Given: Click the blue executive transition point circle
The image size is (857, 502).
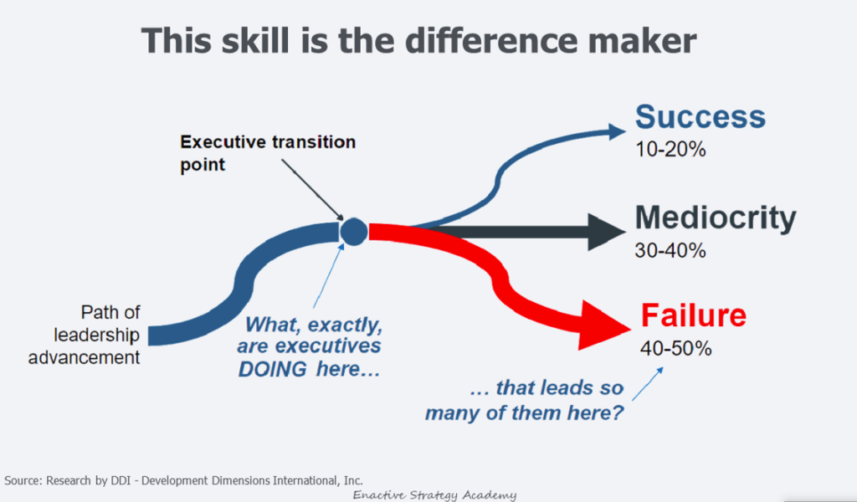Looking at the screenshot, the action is coord(354,231).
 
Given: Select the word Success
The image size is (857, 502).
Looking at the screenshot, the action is coord(700,117).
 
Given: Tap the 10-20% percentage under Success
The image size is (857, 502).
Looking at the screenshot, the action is coord(670,149).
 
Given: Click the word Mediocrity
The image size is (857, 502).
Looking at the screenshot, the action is coord(716,219).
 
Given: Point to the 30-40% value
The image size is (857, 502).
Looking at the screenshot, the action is coord(670,250).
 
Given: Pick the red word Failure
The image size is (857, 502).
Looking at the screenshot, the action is coord(694,315).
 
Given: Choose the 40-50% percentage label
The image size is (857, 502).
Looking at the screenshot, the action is coord(676,348).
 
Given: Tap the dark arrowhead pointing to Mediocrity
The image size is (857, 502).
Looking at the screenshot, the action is coord(606,232).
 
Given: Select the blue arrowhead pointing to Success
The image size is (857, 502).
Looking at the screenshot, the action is coord(617,131).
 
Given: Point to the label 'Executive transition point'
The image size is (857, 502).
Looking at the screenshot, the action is coord(268,153).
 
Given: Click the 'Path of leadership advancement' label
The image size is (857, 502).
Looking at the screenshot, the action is coord(85,335).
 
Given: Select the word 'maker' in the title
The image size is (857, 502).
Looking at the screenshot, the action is coord(637,41).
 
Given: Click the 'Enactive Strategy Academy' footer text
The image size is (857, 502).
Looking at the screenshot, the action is coord(434,495).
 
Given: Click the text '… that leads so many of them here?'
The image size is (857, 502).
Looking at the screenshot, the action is coord(525,401).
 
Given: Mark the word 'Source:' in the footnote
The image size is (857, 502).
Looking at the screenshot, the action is coord(23,481).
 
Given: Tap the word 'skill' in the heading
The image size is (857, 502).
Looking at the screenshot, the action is coord(255,41).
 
